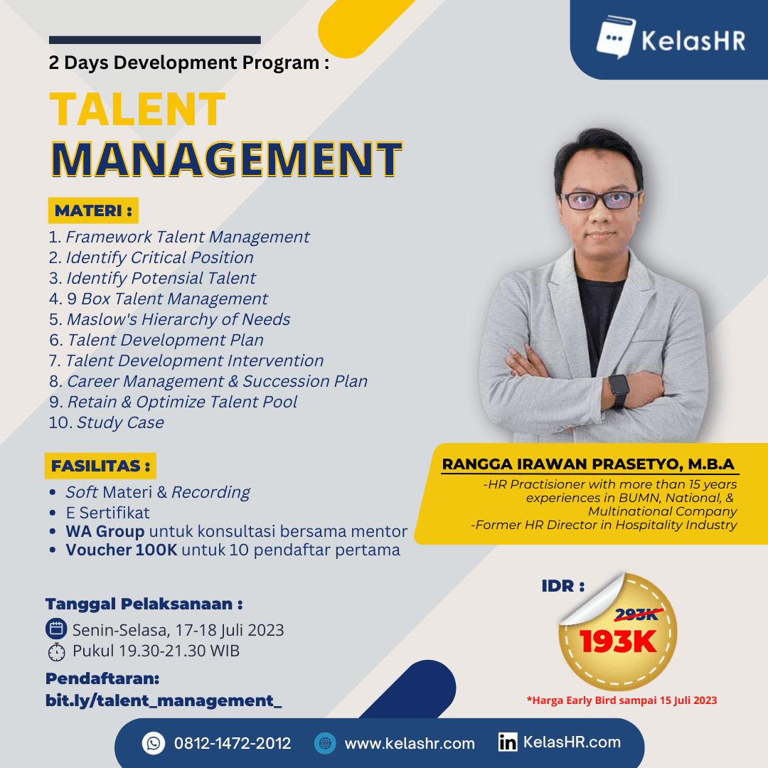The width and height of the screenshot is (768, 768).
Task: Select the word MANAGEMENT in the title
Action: (226, 159)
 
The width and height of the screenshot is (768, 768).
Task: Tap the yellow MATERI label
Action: (93, 210)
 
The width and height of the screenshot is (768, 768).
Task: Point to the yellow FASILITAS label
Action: (101, 466)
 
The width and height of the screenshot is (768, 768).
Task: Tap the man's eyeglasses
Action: (600, 201)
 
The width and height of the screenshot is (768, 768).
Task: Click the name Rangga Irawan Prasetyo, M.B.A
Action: (588, 464)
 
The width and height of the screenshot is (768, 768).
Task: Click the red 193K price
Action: (617, 641)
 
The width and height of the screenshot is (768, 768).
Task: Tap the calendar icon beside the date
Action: (55, 629)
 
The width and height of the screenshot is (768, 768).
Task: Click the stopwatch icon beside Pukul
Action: (55, 651)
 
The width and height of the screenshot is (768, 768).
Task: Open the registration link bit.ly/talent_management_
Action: (164, 700)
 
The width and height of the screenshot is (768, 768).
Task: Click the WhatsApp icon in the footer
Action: (154, 743)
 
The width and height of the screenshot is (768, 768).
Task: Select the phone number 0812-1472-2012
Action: (233, 743)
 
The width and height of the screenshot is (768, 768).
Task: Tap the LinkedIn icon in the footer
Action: (508, 743)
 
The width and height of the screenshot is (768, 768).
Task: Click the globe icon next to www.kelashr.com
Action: (325, 743)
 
